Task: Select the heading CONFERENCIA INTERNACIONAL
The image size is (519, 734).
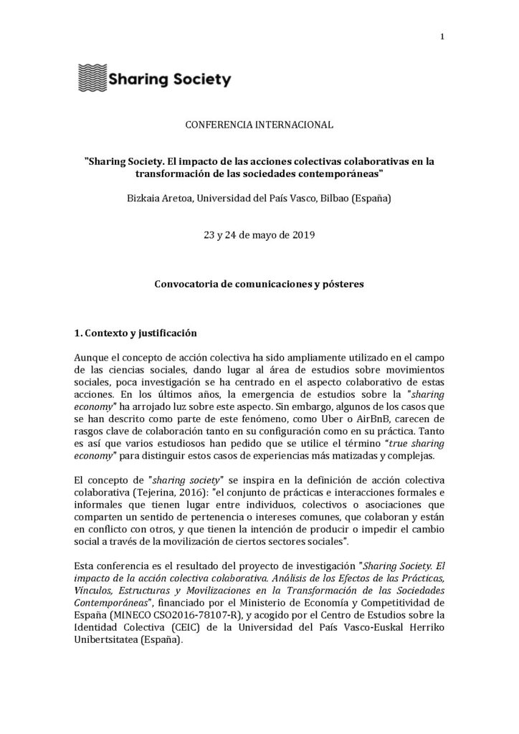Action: (259, 125)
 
